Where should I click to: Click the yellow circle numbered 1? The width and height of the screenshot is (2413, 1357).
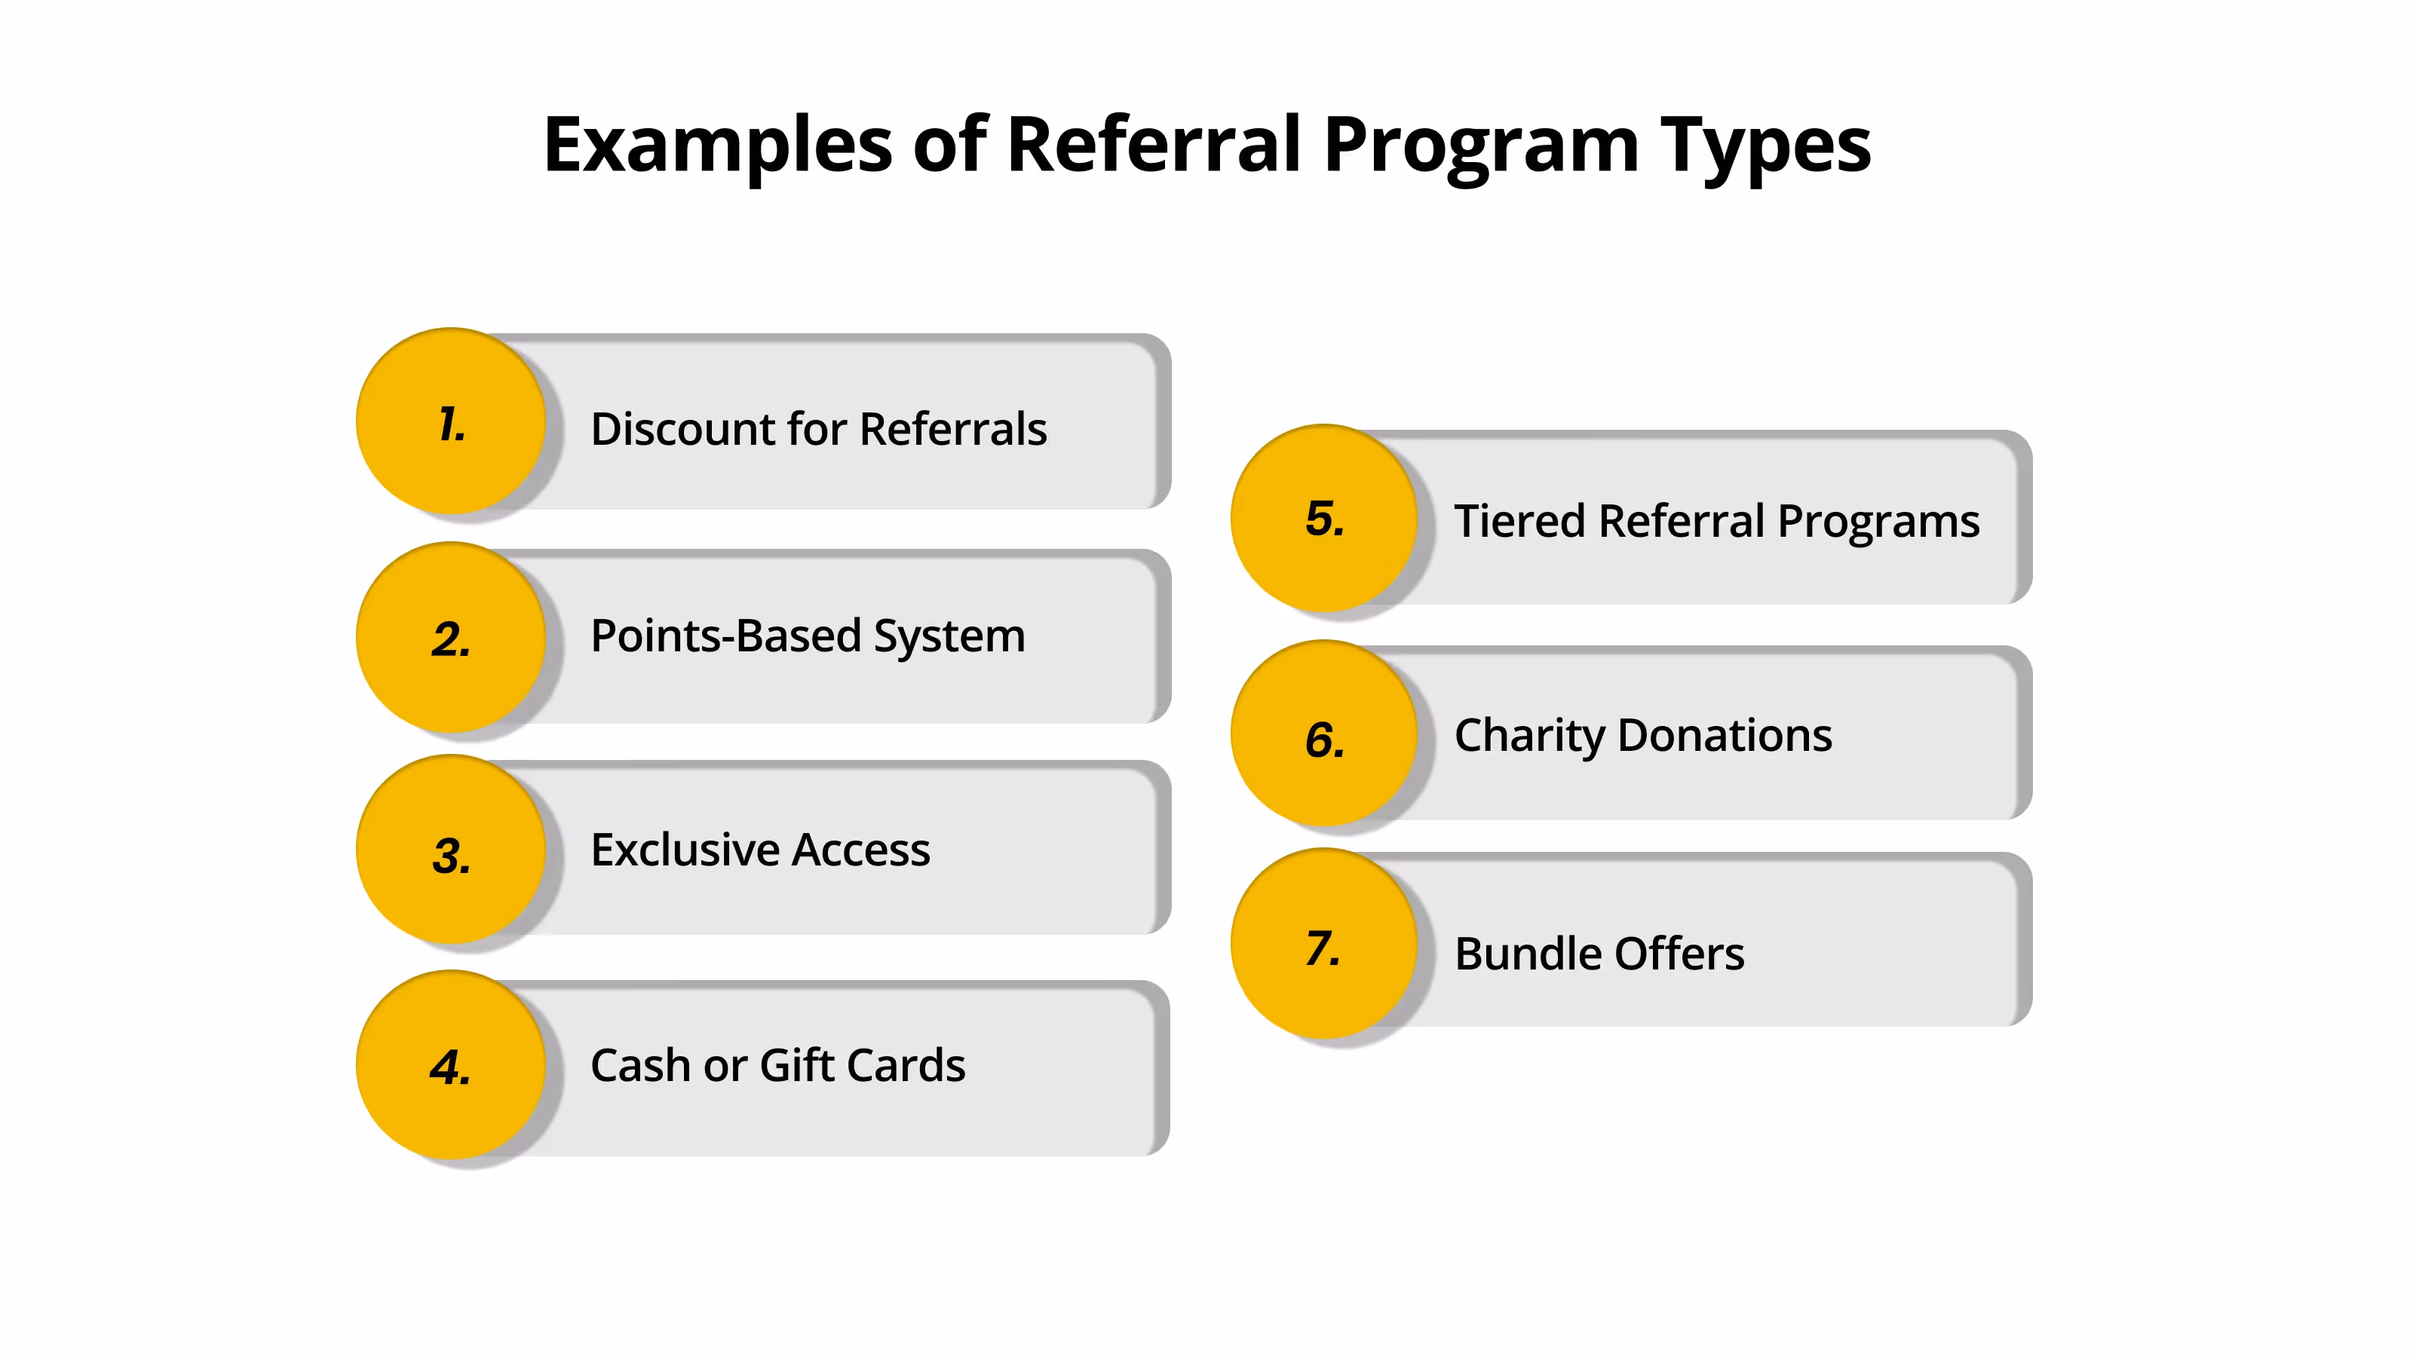pyautogui.click(x=451, y=421)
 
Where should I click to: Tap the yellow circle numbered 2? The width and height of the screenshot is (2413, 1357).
pyautogui.click(x=451, y=638)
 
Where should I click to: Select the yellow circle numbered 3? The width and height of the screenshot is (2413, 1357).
pyautogui.click(x=451, y=850)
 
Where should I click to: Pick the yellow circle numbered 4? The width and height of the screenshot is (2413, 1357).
pyautogui.click(x=451, y=1064)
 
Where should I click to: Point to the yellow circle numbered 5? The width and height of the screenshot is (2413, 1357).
pyautogui.click(x=1323, y=518)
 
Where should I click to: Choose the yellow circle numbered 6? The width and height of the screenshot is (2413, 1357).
pyautogui.click(x=1323, y=734)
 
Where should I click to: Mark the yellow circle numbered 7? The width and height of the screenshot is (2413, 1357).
pyautogui.click(x=1323, y=943)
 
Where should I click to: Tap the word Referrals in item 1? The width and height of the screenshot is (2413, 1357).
pyautogui.click(x=952, y=429)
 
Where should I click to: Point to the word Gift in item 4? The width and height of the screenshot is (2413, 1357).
pyautogui.click(x=796, y=1066)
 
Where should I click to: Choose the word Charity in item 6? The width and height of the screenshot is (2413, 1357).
pyautogui.click(x=1528, y=736)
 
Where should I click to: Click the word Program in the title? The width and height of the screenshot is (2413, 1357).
pyautogui.click(x=1480, y=146)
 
